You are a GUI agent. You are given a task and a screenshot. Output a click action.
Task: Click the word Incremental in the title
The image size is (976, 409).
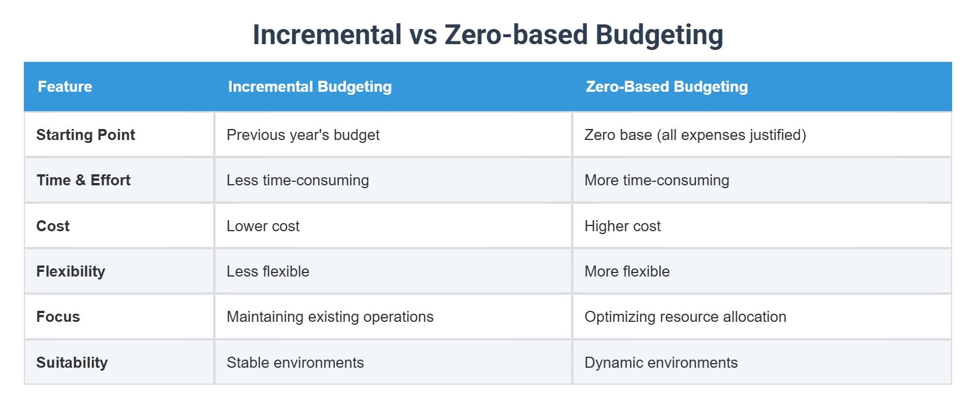(327, 35)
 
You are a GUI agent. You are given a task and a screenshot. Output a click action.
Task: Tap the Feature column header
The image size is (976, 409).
(65, 87)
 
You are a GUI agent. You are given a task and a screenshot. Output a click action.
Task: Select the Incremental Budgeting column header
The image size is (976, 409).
(310, 87)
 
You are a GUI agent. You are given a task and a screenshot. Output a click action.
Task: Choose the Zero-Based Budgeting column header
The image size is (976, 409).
(666, 87)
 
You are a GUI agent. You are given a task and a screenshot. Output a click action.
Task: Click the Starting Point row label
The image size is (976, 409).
(85, 135)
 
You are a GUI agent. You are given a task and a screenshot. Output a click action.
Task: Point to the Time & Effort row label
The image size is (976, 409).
(83, 180)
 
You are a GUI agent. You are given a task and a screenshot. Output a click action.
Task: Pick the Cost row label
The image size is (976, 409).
(53, 226)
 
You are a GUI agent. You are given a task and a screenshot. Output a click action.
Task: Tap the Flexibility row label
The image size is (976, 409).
(70, 271)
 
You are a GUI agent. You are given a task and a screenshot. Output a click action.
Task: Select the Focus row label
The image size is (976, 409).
(58, 317)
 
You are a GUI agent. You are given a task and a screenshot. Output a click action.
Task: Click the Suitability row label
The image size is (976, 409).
(72, 363)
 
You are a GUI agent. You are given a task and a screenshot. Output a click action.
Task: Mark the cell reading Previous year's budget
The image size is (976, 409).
(303, 135)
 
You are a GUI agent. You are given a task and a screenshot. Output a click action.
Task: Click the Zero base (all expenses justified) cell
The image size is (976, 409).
(695, 135)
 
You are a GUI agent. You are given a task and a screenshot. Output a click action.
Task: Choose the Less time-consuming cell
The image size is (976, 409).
(297, 180)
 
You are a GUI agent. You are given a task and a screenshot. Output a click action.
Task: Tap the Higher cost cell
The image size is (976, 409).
(622, 226)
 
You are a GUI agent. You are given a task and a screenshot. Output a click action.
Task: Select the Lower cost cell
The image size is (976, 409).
(263, 226)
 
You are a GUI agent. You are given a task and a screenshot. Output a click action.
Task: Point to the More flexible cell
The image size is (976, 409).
(627, 271)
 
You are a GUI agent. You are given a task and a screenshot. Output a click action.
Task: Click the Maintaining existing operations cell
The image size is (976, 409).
(330, 317)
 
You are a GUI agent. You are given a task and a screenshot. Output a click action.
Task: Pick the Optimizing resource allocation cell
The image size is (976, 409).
(685, 317)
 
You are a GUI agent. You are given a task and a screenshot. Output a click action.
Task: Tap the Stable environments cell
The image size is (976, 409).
(295, 363)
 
